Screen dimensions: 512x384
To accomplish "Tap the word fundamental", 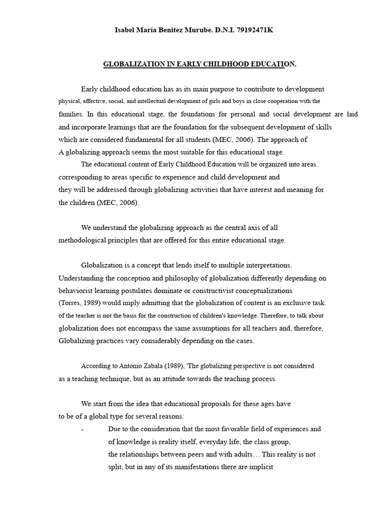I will point(150,139).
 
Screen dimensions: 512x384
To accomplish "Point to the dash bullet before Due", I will point(82,429).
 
